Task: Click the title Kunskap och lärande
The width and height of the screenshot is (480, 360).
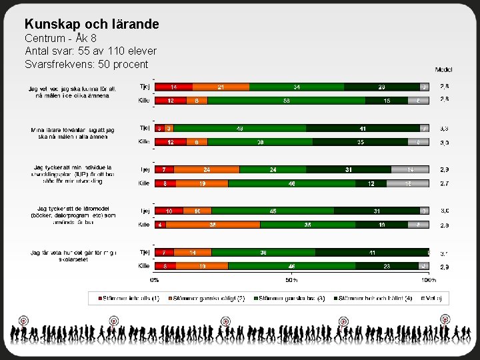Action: pyautogui.click(x=91, y=24)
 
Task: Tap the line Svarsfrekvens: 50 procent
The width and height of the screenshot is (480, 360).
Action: pyautogui.click(x=86, y=64)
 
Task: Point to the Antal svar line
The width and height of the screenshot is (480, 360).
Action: pyautogui.click(x=91, y=51)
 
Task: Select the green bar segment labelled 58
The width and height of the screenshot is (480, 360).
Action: pyautogui.click(x=286, y=100)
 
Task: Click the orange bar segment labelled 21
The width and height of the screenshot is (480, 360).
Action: pyautogui.click(x=221, y=87)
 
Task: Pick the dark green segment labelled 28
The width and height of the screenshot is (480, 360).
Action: pyautogui.click(x=381, y=87)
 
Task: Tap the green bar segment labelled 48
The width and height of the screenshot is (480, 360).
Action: pyautogui.click(x=241, y=128)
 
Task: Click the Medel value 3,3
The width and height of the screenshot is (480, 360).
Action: pyautogui.click(x=444, y=128)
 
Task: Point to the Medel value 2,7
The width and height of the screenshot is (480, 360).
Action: pyautogui.click(x=444, y=183)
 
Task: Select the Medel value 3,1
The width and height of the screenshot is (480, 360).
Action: pyautogui.click(x=444, y=253)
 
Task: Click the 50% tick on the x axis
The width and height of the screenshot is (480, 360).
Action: pyautogui.click(x=291, y=280)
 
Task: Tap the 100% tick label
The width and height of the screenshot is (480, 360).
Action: pyautogui.click(x=428, y=280)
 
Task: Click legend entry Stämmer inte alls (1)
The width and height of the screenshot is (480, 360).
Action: pyautogui.click(x=129, y=298)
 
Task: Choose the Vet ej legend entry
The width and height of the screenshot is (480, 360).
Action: pyautogui.click(x=434, y=298)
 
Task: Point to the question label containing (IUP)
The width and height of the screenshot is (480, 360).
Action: pyautogui.click(x=73, y=173)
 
